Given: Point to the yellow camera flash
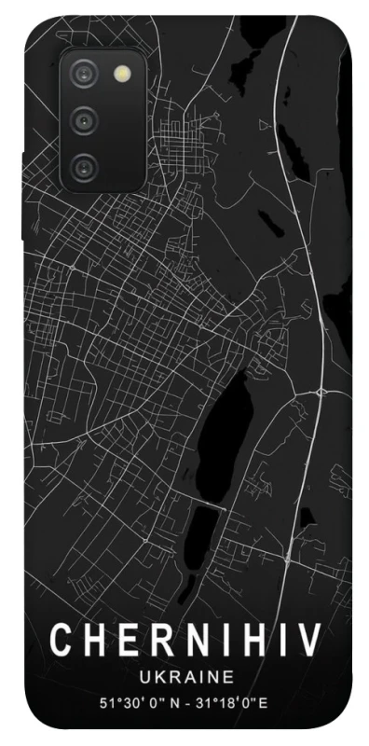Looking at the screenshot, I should click(122, 73).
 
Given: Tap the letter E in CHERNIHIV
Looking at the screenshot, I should click(128, 642).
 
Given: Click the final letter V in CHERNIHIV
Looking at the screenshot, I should click(310, 642).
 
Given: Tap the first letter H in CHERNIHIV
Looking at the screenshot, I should click(95, 642).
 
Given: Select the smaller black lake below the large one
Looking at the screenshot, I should click(205, 532).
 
